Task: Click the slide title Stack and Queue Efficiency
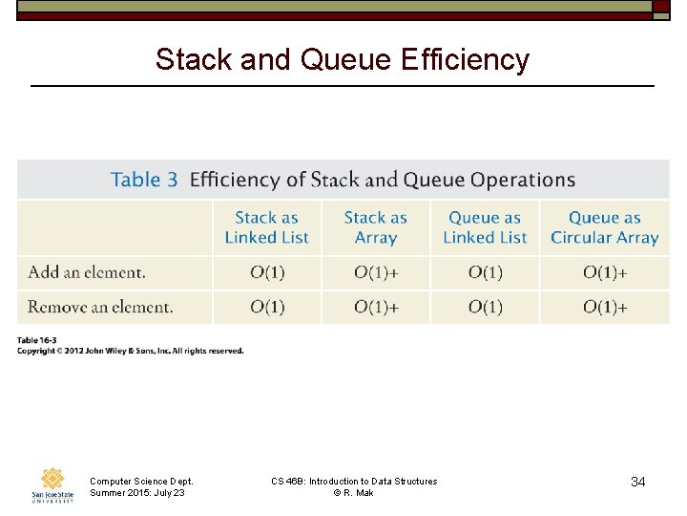pos(343,59)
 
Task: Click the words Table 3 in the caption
pos(144,180)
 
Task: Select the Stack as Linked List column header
pos(267,227)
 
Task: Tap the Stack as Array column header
pos(376,227)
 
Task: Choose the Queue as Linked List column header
pos(485,227)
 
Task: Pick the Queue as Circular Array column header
pos(605,227)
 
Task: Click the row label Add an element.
pos(87,272)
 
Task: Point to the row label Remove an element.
pos(100,307)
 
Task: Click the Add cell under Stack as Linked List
pos(267,272)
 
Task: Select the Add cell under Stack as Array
pos(376,272)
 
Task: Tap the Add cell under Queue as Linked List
pos(485,272)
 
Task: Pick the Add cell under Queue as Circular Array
pos(605,272)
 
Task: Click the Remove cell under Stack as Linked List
pos(267,307)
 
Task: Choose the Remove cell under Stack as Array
pos(376,307)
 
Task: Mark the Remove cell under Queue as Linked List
pos(485,307)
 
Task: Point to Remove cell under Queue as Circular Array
pos(605,307)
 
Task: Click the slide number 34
pos(637,483)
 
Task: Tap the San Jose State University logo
pos(52,485)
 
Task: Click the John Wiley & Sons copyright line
pos(131,352)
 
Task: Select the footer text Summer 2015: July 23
pos(137,493)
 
